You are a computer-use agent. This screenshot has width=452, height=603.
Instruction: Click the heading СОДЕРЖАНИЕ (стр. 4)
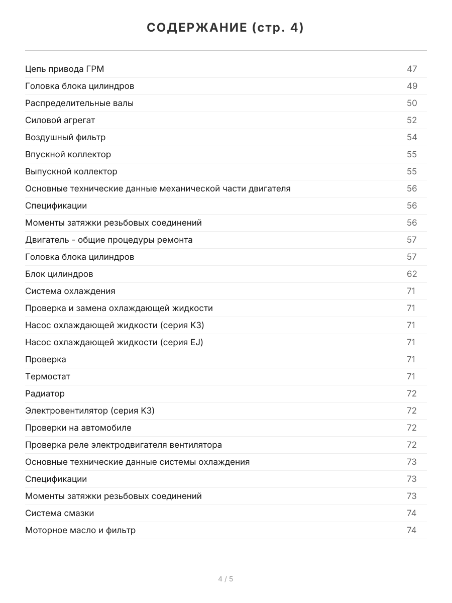pyautogui.click(x=225, y=28)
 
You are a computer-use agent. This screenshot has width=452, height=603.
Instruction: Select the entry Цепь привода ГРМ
pyautogui.click(x=65, y=69)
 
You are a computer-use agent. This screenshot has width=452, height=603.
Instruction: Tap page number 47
pyautogui.click(x=412, y=69)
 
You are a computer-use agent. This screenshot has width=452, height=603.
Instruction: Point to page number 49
pyautogui.click(x=412, y=86)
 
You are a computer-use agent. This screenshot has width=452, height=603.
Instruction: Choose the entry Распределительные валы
pyautogui.click(x=79, y=103)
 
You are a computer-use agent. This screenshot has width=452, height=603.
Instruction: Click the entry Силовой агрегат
pyautogui.click(x=60, y=120)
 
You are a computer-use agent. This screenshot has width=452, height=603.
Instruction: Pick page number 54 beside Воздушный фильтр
pyautogui.click(x=412, y=137)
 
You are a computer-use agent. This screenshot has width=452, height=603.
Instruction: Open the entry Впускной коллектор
pyautogui.click(x=68, y=154)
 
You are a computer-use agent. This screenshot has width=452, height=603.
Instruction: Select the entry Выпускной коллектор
pyautogui.click(x=71, y=171)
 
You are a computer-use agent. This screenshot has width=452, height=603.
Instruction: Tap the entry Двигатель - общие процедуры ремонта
pyautogui.click(x=108, y=240)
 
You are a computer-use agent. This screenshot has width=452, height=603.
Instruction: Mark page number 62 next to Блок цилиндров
pyautogui.click(x=412, y=274)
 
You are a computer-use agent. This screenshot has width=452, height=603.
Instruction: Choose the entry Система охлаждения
pyautogui.click(x=70, y=291)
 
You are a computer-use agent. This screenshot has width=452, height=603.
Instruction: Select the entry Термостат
pyautogui.click(x=48, y=376)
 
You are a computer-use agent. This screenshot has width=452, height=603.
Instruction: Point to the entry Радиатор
pyautogui.click(x=45, y=393)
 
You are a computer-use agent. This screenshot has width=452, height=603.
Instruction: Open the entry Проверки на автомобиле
pyautogui.click(x=78, y=428)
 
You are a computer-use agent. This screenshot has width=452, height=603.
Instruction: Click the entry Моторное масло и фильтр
pyautogui.click(x=80, y=530)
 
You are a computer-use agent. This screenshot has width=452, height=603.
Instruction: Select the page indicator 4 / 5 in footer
pyautogui.click(x=225, y=579)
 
